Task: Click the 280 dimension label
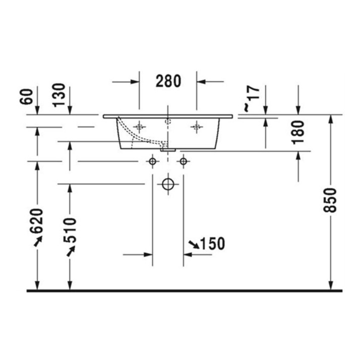[x=168, y=81]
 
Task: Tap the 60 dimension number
[x=27, y=96]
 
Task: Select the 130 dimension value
[x=59, y=95]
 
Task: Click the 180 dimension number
[x=298, y=132]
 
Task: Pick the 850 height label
[x=330, y=200]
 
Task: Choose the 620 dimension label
[x=37, y=221]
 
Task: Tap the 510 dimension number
[x=70, y=230]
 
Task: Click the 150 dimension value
[x=212, y=244]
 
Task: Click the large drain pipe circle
[x=168, y=185]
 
